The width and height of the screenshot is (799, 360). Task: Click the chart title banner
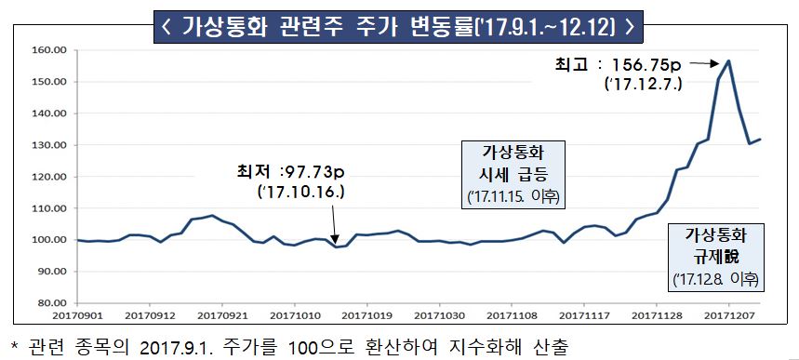[x=399, y=24]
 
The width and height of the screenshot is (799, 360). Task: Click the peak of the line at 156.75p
[x=729, y=60]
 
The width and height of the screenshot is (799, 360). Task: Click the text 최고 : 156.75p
[x=621, y=65]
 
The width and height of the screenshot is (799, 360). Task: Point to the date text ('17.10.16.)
[x=300, y=193]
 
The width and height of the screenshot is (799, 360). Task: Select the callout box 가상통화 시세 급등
[x=518, y=174]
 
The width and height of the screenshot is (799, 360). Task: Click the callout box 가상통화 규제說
[x=716, y=255]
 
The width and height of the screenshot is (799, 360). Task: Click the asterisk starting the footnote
[x=13, y=346]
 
